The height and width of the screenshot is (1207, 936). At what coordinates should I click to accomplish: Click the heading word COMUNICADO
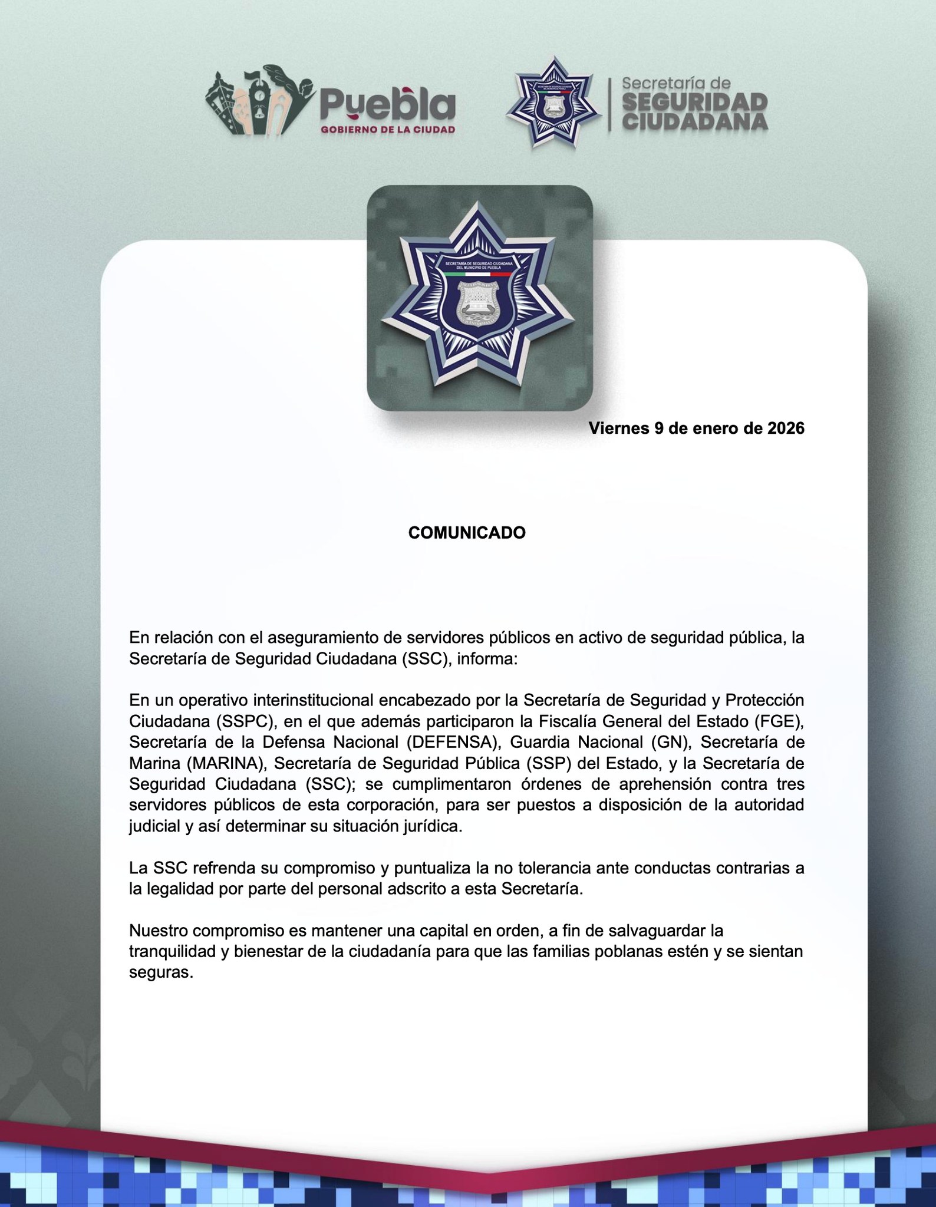point(467,533)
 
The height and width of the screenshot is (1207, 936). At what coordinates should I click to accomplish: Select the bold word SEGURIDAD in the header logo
point(695,102)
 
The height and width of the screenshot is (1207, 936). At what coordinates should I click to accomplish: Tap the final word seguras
point(161,973)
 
